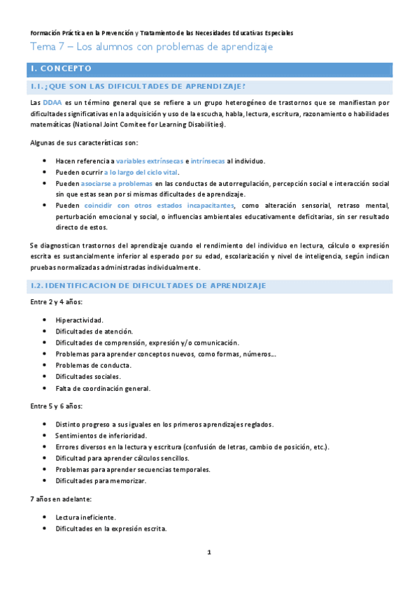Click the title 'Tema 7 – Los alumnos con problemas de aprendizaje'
[150, 47]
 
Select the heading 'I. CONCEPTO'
[62, 69]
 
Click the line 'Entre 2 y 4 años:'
[57, 302]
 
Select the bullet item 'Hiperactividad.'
[79, 320]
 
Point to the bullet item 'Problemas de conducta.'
[93, 366]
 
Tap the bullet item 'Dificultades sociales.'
[88, 377]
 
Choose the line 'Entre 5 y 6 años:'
[57, 406]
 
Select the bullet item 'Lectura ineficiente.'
[86, 517]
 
